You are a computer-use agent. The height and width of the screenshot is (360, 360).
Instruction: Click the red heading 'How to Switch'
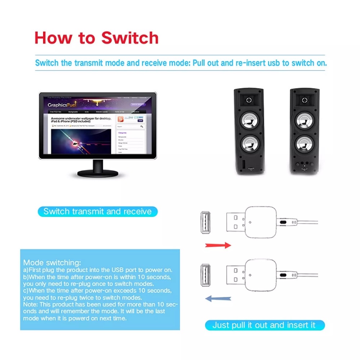[96, 38]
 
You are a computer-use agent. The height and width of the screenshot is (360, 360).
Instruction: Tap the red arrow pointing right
[218, 245]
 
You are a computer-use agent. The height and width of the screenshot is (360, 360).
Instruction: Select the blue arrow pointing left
[218, 298]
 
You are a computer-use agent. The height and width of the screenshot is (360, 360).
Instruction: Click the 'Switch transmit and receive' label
[98, 211]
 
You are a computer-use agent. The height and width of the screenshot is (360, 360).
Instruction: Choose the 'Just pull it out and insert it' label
[265, 325]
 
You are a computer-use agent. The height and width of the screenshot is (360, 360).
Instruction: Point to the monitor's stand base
[98, 173]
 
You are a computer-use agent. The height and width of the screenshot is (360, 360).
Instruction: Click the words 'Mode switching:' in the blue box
[52, 262]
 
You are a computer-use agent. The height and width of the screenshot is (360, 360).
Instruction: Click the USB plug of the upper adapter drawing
[236, 222]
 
